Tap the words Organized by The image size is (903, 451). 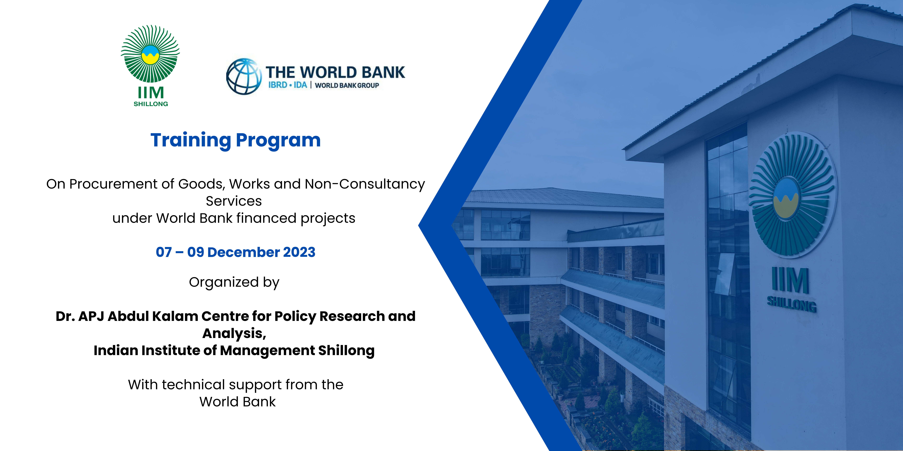point(234,282)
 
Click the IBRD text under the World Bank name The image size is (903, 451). point(278,85)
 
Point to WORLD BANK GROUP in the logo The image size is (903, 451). point(347,85)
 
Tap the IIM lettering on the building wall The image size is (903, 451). point(791,280)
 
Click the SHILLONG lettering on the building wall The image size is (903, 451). point(792,304)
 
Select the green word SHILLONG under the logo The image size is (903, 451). point(151,104)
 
